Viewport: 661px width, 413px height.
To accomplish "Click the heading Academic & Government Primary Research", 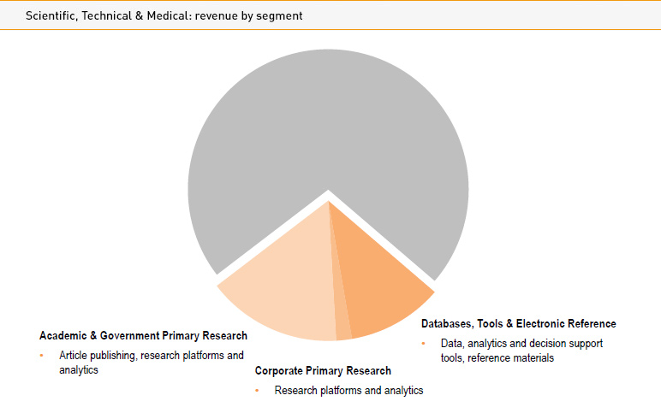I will tap(143, 336).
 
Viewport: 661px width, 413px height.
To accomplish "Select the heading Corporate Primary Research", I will tap(323, 371).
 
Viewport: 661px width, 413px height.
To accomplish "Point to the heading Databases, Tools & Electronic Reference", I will tap(518, 324).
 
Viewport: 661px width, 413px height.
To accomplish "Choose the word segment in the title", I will tap(280, 16).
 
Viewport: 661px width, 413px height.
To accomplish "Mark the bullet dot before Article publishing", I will tap(41, 355).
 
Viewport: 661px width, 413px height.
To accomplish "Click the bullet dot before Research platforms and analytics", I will tap(257, 391).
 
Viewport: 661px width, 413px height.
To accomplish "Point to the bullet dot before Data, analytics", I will tap(423, 343).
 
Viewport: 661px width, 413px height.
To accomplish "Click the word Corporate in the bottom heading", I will tap(280, 371).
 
